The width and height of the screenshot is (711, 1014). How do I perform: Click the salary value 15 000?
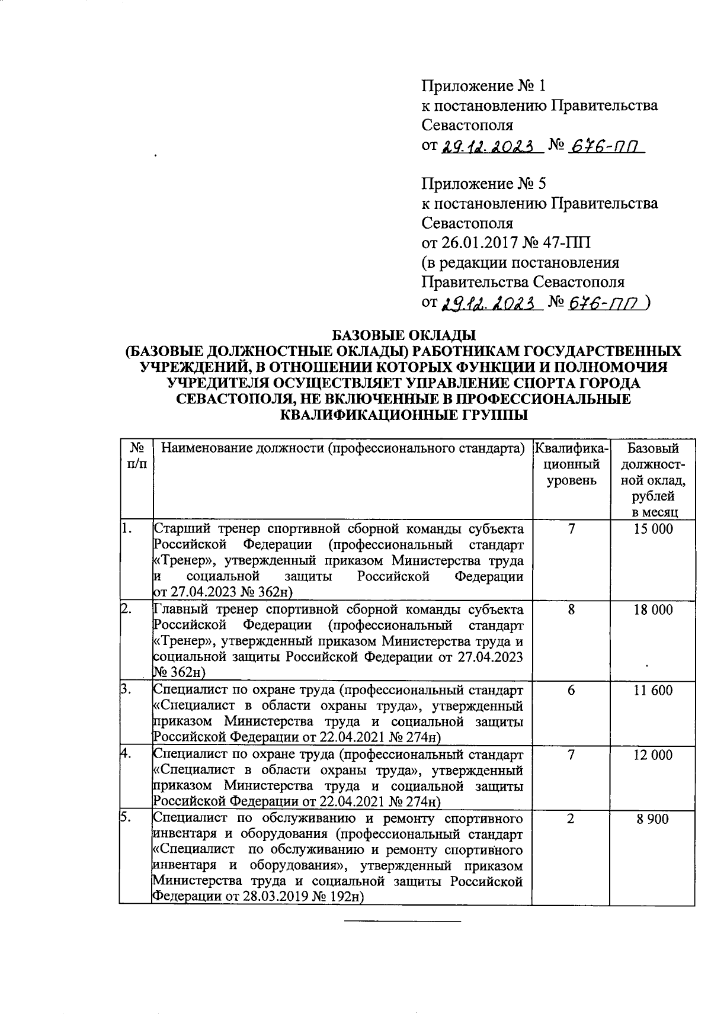coord(653,529)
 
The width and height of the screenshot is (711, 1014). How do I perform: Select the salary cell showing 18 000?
coord(653,610)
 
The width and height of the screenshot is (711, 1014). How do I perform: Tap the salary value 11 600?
coord(653,691)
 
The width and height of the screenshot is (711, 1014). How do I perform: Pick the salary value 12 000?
coord(653,755)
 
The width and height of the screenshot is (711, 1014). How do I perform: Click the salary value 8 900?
coord(653,820)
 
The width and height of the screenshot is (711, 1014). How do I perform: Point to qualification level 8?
coord(571,610)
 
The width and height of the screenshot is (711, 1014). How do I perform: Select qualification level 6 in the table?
coord(571,691)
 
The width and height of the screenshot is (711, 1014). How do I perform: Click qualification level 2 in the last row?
coord(571,820)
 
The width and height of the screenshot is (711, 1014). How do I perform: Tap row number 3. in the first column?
coord(126,689)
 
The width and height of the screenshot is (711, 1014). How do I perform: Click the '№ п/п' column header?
coord(136,456)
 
